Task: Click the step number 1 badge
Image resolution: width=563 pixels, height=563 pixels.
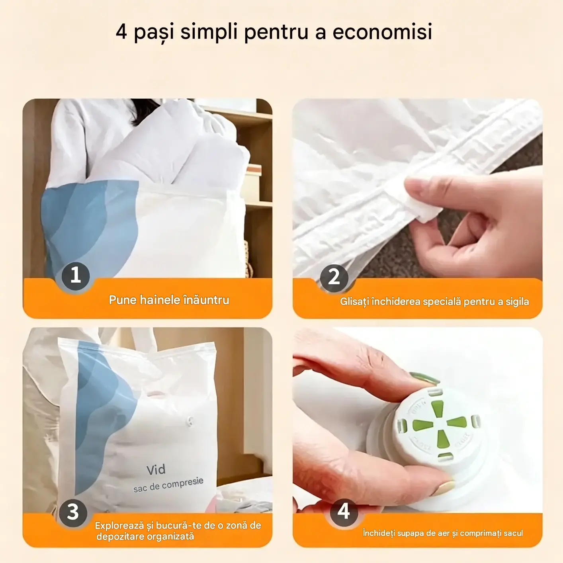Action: [76, 276]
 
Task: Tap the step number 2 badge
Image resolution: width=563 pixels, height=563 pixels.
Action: [334, 278]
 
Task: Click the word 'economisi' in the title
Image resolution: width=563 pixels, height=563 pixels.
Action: [383, 31]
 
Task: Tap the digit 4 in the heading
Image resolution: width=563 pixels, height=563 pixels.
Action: [121, 32]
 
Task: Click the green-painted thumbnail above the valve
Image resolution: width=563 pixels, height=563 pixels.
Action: [424, 378]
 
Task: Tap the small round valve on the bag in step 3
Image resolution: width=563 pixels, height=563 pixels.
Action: [190, 421]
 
